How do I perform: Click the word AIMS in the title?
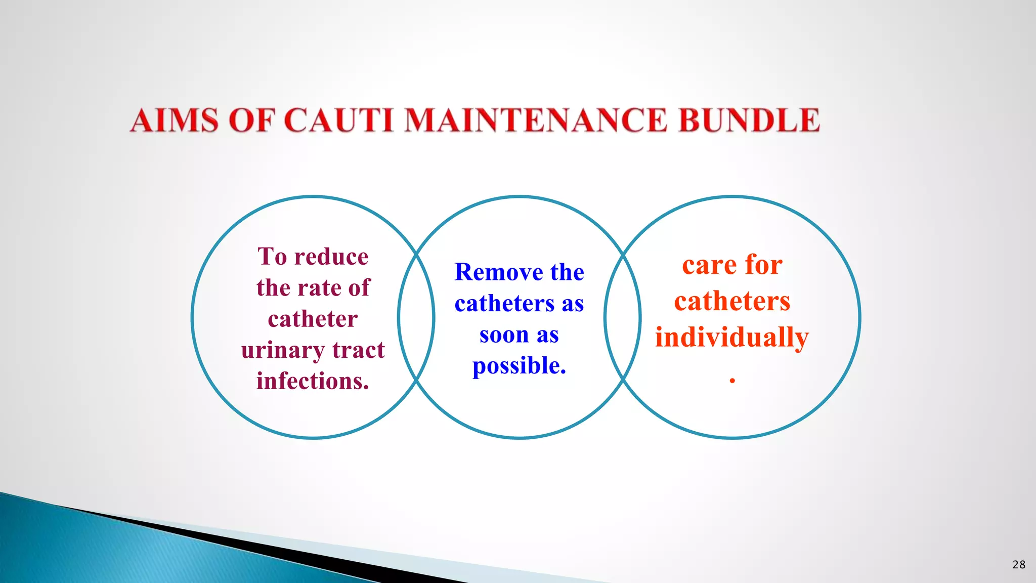coord(174,120)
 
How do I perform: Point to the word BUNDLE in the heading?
coord(749,120)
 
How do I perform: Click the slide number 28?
coord(1019,565)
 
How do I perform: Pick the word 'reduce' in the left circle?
coord(331,257)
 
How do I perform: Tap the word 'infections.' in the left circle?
coord(313,381)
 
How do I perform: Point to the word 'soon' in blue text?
coord(504,335)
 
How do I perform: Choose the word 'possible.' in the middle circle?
coord(519,366)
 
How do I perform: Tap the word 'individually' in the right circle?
coord(732,338)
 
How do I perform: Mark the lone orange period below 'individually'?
coord(732,380)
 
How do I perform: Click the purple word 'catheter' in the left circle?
coord(313,319)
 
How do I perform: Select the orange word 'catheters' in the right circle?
coord(732,302)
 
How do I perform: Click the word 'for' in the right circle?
coord(764,265)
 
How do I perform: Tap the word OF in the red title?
coord(252,120)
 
